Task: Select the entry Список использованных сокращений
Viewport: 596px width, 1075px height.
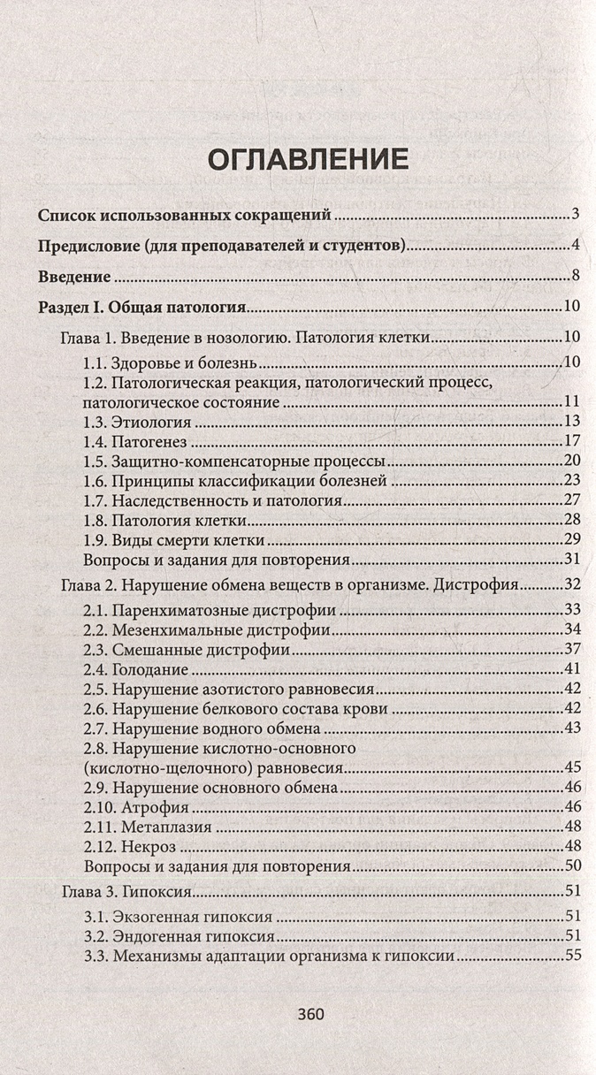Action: (x=185, y=215)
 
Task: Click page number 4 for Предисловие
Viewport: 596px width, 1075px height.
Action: (x=575, y=245)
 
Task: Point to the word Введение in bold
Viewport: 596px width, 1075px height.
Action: (x=75, y=276)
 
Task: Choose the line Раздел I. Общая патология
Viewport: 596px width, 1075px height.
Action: (x=142, y=307)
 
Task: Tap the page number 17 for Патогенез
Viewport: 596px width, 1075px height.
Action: (x=570, y=440)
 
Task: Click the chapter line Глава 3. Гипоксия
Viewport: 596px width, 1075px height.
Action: (x=127, y=892)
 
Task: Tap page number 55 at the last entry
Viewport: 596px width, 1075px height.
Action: (x=570, y=956)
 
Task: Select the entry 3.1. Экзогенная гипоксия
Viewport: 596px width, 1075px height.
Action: (x=177, y=916)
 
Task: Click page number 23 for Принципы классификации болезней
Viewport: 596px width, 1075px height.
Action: (x=570, y=480)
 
